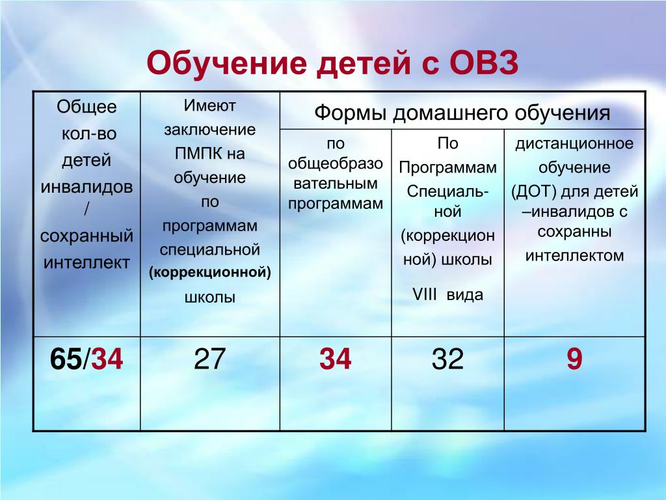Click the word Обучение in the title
[x=226, y=62]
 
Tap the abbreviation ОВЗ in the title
[x=483, y=62]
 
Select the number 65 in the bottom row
[x=66, y=359]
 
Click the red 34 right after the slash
[x=107, y=359]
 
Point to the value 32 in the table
[x=447, y=359]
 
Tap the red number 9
[x=574, y=359]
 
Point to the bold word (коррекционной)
[x=210, y=273]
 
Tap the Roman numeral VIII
[x=424, y=295]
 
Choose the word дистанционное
[x=574, y=144]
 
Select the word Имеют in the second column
[x=210, y=105]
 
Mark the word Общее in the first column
[x=87, y=107]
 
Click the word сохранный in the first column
[x=87, y=236]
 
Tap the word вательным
[x=336, y=184]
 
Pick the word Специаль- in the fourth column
[x=447, y=192]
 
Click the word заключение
[x=210, y=130]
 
